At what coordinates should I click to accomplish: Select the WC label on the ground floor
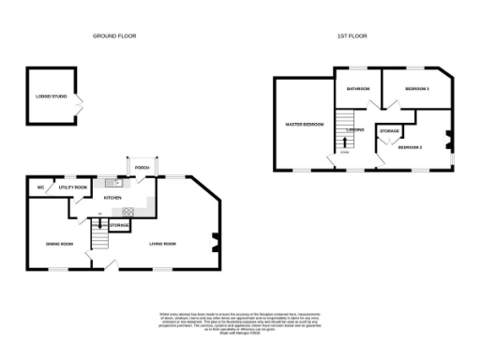[x=40, y=187]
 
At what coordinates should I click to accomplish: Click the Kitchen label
[x=113, y=199]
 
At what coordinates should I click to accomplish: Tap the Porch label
[x=142, y=168]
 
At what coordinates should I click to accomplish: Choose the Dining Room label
[x=59, y=244]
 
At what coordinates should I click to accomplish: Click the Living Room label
[x=163, y=244]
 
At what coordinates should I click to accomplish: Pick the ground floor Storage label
[x=119, y=225]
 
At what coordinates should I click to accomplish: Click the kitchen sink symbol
[x=111, y=182]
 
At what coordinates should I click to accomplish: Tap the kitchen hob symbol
[x=127, y=212]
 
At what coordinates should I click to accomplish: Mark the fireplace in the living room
[x=216, y=242]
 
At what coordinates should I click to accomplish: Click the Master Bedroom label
[x=305, y=125]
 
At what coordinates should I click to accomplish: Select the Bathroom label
[x=359, y=89]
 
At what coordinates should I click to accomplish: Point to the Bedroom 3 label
[x=417, y=89]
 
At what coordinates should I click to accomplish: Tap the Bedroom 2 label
[x=411, y=148]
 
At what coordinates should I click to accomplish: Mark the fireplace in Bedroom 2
[x=449, y=142]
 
